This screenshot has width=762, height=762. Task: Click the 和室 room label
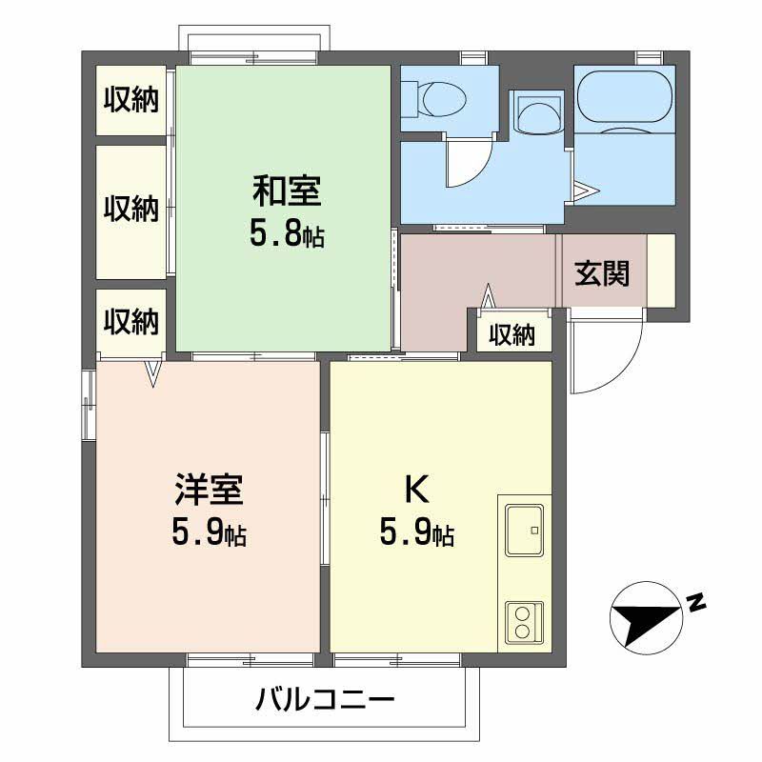[287, 191]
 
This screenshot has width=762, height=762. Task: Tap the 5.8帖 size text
[287, 234]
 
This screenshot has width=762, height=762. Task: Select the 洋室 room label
[210, 491]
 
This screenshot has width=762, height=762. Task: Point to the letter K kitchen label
[417, 489]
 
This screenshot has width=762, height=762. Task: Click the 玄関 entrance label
[602, 274]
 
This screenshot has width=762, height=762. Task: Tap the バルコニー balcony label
[324, 702]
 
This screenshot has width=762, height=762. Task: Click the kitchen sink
[524, 530]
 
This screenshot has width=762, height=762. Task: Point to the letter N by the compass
[695, 602]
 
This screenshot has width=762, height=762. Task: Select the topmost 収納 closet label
[131, 99]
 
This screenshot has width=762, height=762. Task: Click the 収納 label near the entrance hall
[512, 335]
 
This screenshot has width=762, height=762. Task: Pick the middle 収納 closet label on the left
[131, 209]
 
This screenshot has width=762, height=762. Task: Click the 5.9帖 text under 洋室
[210, 533]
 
